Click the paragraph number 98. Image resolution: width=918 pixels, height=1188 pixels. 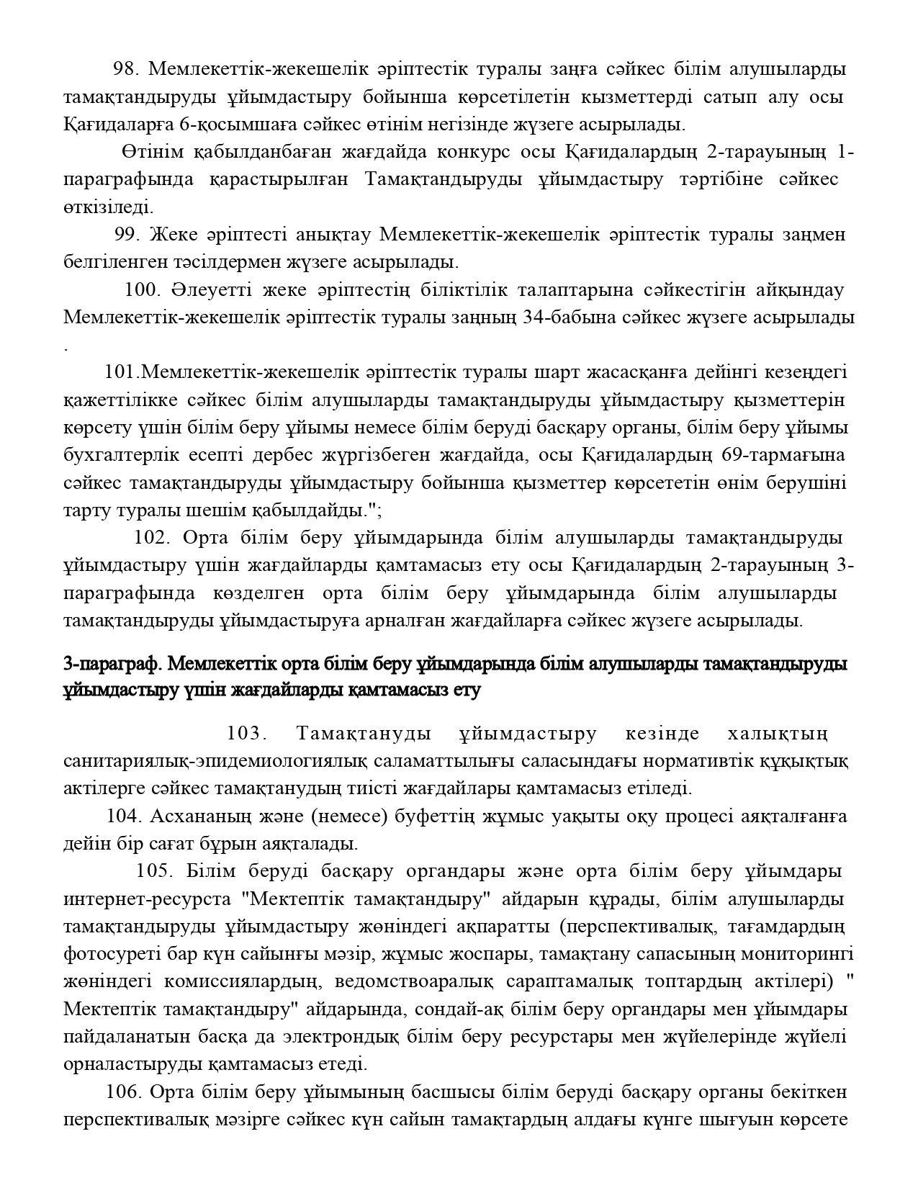(125, 69)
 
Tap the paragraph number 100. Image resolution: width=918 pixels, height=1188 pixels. (142, 290)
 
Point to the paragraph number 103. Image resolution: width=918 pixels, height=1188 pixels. (246, 734)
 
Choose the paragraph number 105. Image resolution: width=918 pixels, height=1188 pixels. (153, 871)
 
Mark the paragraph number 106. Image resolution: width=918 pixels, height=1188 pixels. (122, 1092)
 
